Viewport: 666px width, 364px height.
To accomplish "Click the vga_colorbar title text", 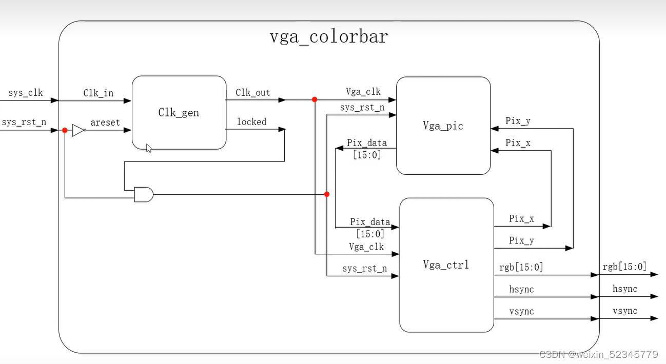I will click(329, 37).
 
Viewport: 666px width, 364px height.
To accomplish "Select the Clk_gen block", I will click(179, 113).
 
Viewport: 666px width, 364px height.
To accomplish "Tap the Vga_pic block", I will click(443, 126).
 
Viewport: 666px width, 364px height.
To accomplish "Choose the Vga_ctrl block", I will click(446, 265).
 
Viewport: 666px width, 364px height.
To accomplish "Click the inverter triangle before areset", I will click(78, 130).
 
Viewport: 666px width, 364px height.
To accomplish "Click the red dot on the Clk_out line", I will click(315, 100).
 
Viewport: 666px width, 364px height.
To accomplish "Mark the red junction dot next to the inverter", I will click(65, 130).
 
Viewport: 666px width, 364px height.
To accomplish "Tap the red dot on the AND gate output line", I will click(327, 194).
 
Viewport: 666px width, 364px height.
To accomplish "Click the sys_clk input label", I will click(26, 93).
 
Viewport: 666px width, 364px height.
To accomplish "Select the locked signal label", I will click(251, 122).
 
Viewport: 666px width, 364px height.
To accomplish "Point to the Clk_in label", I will click(99, 93).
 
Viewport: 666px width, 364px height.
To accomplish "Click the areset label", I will click(105, 123).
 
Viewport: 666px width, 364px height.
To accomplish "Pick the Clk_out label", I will click(253, 93).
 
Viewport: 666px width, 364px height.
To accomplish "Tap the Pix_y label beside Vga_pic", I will click(518, 121).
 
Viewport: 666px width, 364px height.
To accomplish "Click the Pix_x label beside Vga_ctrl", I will click(521, 218).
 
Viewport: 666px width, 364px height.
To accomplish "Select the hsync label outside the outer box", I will click(625, 289).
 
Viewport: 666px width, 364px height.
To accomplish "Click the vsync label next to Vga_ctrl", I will click(521, 311).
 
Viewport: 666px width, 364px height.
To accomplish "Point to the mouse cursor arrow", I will click(149, 148).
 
